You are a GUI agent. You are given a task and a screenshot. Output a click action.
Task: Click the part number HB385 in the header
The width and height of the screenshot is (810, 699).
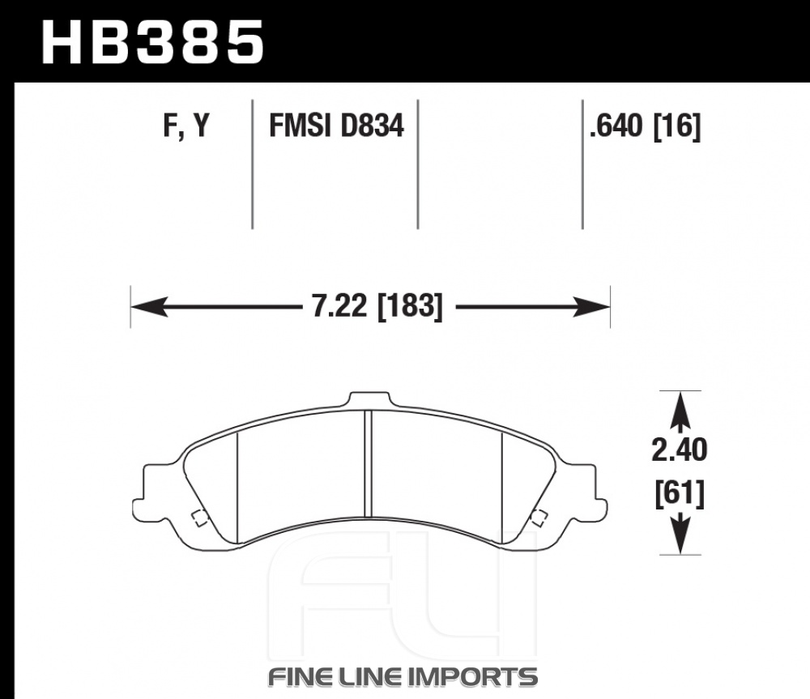coord(153,42)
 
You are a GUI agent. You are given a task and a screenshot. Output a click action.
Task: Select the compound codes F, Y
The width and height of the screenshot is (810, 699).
coord(186,126)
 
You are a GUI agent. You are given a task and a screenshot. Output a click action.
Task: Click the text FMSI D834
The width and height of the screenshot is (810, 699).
coord(336,126)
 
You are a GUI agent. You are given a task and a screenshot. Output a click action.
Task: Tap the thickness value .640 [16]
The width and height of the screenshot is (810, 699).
coord(646,126)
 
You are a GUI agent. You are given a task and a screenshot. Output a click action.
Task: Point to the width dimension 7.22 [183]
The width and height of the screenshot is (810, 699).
coord(377,306)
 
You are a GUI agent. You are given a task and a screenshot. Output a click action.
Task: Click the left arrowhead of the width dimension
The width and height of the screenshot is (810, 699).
coord(150,307)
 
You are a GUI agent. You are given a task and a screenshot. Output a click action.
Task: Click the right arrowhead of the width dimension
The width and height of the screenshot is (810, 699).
coord(591,307)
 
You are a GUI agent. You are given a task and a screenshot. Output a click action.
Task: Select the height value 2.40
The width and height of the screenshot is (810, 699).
coord(680,450)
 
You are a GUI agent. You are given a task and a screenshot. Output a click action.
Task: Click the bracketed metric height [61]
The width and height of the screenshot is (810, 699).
coord(680,494)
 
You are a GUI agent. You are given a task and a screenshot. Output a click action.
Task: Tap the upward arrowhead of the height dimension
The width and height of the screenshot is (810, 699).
coord(680,410)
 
